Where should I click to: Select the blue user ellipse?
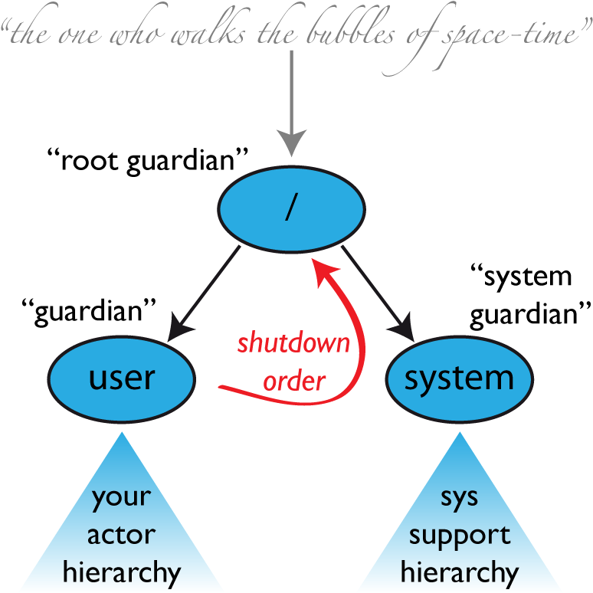tap(122, 378)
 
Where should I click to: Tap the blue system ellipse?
tap(459, 378)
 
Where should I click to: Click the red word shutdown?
tap(293, 342)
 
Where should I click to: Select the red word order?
tap(294, 380)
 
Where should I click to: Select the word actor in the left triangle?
tap(121, 535)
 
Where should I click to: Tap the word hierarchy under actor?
tap(121, 572)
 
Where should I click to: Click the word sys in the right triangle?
tap(459, 498)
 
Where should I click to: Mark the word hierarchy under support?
tap(459, 572)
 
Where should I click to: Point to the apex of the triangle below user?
tap(121, 434)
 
